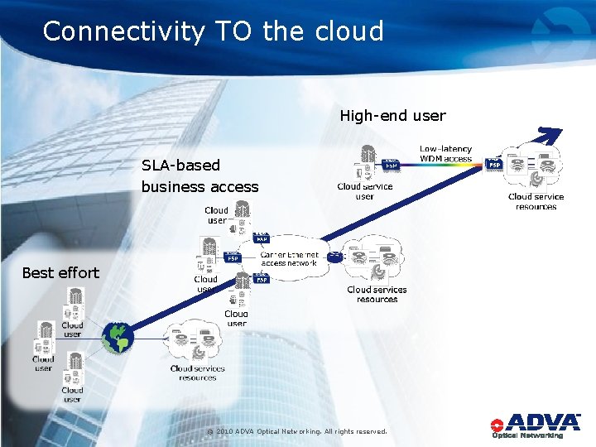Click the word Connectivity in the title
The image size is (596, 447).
tap(123, 31)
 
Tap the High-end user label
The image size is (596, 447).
tap(392, 116)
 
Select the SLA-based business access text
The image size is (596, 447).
tap(199, 175)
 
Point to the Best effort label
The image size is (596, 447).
tap(60, 272)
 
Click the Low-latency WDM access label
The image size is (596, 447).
tap(445, 154)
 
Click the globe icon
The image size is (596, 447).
tap(117, 336)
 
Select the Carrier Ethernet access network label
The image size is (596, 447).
tap(289, 258)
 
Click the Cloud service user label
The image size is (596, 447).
tap(365, 191)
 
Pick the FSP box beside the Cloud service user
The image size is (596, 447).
tap(392, 166)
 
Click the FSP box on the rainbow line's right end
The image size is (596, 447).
tap(493, 165)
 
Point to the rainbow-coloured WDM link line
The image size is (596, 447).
tap(442, 165)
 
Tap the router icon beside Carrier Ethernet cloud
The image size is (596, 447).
tap(334, 257)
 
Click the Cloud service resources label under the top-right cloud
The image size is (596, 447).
tap(536, 201)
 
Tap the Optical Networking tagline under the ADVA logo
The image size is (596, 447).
tap(527, 435)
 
